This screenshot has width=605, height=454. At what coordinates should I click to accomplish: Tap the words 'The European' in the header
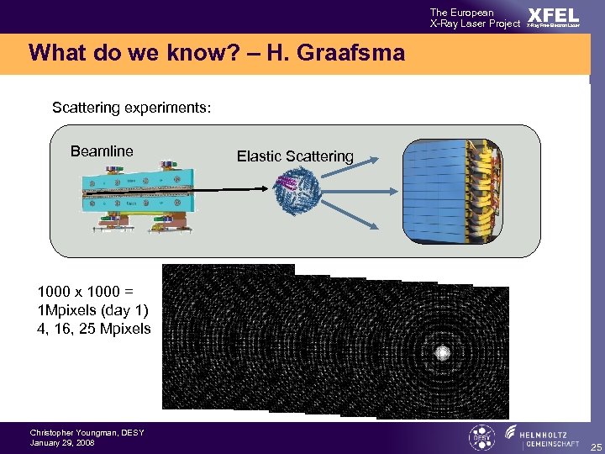tap(461, 13)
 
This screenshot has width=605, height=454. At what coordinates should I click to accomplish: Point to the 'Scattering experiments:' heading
tap(131, 108)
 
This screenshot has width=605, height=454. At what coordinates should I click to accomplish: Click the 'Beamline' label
tap(102, 151)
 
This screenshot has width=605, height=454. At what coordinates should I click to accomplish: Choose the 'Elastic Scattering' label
tap(295, 156)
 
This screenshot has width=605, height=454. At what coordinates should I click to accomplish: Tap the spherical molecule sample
tap(294, 193)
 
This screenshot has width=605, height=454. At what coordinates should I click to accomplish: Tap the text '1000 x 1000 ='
tap(85, 292)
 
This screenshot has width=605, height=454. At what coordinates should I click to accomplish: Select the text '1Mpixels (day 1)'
tap(92, 310)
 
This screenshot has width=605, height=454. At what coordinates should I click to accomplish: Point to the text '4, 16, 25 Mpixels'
tap(94, 329)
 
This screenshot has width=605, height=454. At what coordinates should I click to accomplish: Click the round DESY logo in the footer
tap(481, 436)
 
